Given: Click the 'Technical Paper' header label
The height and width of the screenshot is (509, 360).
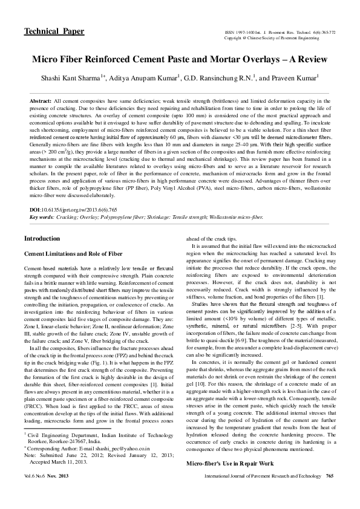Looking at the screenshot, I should coord(54,31).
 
